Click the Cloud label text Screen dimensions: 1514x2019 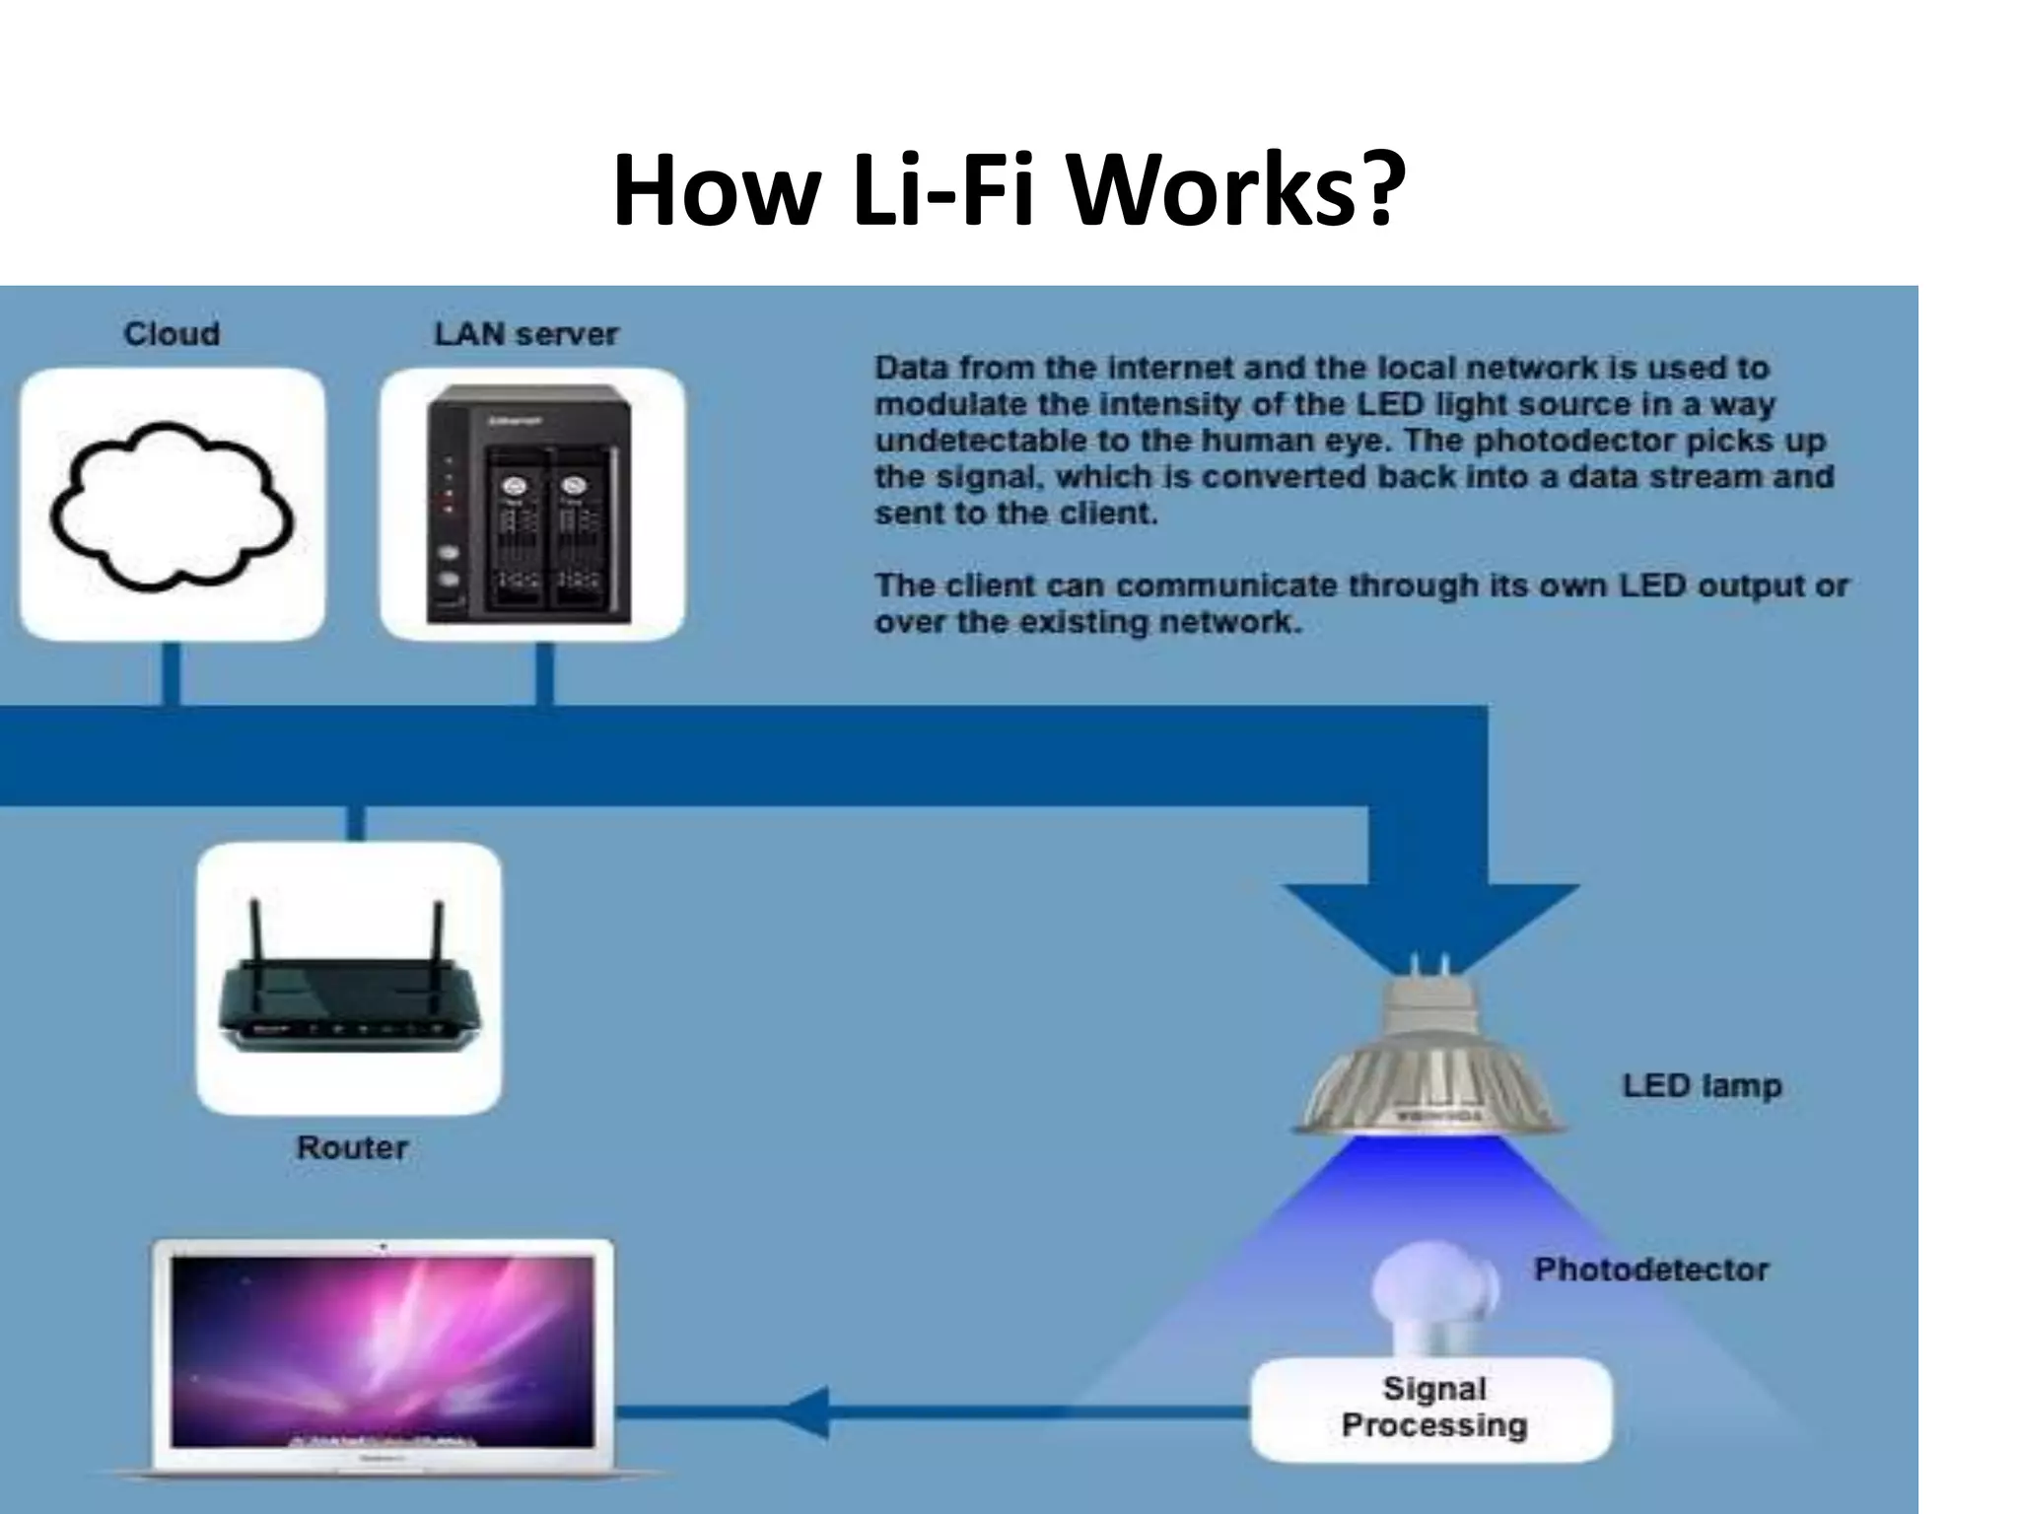coord(172,334)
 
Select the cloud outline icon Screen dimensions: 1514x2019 coord(172,505)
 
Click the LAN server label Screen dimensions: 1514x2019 coord(526,334)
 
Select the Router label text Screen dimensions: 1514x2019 coord(352,1147)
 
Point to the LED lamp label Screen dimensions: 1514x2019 coord(1702,1086)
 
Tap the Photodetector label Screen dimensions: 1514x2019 coord(1651,1270)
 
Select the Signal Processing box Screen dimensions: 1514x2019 coord(1432,1408)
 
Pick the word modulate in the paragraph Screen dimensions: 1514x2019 coord(933,405)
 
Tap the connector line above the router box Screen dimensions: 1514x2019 coord(356,824)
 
